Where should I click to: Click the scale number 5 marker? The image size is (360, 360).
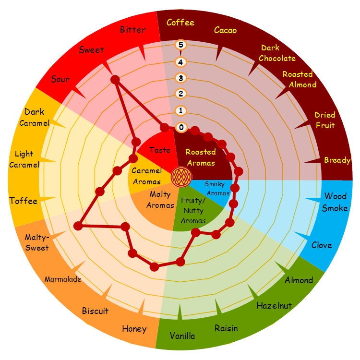pos(180,45)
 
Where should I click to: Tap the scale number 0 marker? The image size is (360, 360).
pos(181,127)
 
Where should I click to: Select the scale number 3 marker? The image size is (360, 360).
pos(180,78)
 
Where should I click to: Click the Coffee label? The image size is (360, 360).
pos(180,23)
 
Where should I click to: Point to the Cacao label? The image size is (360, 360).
pos(225,30)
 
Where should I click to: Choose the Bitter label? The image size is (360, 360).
pos(133,30)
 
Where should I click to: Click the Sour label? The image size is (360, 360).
pos(60,79)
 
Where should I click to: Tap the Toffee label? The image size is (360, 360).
pos(23,201)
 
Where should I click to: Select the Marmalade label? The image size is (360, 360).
pos(63,279)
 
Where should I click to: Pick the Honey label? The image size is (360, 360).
pos(134,329)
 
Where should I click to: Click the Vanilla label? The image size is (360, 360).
pos(182,336)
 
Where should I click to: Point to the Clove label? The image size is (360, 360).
pos(322,245)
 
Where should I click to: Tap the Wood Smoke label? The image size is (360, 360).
pos(335,202)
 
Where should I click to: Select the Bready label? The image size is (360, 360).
pos(337,160)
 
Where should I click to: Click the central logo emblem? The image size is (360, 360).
pos(181,177)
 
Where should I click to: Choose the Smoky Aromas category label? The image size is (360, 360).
pos(217,189)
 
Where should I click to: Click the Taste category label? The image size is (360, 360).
pos(160,150)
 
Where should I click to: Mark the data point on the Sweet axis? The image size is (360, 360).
pos(115,80)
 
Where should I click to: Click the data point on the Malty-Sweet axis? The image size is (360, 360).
pos(78,226)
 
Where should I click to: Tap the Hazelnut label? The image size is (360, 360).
pos(274,306)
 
